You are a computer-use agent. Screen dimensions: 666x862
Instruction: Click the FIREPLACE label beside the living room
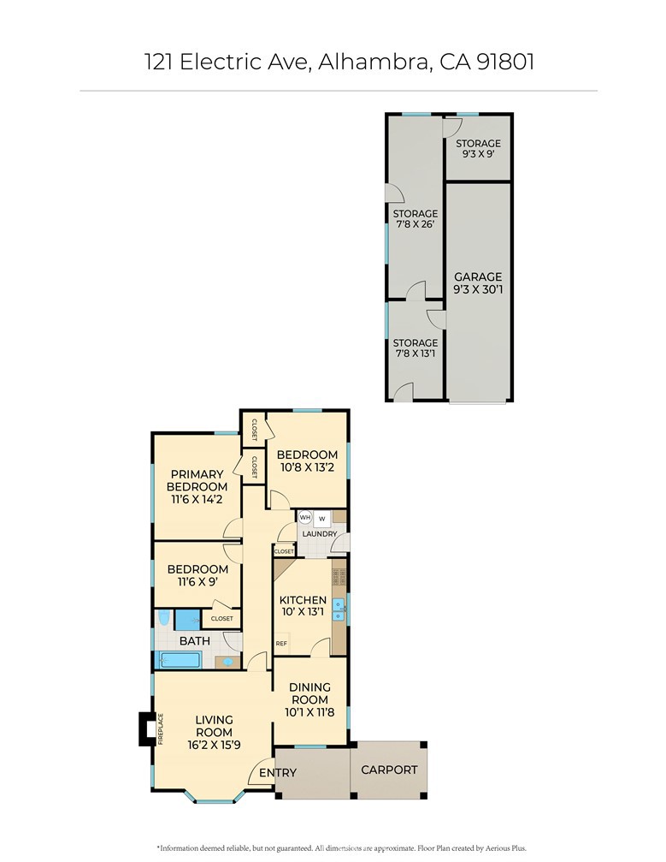[161, 729]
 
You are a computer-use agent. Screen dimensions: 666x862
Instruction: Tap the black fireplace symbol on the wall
[145, 729]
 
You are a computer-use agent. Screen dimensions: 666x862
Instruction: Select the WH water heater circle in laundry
[305, 517]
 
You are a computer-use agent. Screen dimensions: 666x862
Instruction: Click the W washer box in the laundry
[321, 519]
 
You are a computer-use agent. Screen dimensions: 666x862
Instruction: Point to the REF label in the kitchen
[281, 643]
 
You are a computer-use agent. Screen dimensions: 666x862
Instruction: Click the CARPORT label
[389, 770]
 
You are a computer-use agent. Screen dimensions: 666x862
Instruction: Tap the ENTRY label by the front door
[278, 772]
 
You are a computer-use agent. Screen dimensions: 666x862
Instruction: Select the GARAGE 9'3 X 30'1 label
[478, 282]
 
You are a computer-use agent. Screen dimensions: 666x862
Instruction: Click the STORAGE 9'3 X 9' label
[478, 148]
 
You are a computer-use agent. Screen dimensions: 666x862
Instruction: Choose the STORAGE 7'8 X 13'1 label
[416, 348]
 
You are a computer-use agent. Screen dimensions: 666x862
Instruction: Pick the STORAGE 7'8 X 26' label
[416, 219]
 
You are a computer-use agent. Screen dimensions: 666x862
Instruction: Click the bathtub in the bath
[180, 660]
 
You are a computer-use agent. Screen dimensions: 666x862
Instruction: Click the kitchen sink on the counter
[339, 609]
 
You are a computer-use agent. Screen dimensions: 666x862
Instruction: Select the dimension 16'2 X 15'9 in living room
[214, 745]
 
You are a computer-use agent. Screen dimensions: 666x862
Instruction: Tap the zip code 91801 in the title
[504, 62]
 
